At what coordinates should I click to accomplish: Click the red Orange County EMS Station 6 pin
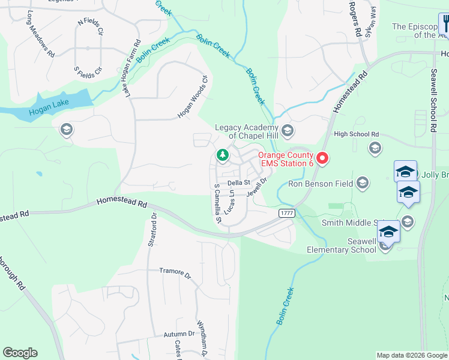322,158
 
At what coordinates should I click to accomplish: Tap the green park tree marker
223,156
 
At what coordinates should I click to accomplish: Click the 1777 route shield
286,213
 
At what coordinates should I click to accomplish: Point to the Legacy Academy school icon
288,130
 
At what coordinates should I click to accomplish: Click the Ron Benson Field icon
362,182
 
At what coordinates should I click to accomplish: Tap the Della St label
238,182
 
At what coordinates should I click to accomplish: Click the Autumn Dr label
179,334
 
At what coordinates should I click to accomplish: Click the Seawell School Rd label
431,99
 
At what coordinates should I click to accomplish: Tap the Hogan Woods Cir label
192,97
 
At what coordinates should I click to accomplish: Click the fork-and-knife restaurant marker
445,24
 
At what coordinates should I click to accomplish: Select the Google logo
20,353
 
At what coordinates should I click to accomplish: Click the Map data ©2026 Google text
411,355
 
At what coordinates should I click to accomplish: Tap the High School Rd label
357,134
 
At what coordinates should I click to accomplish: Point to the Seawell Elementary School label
341,245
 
